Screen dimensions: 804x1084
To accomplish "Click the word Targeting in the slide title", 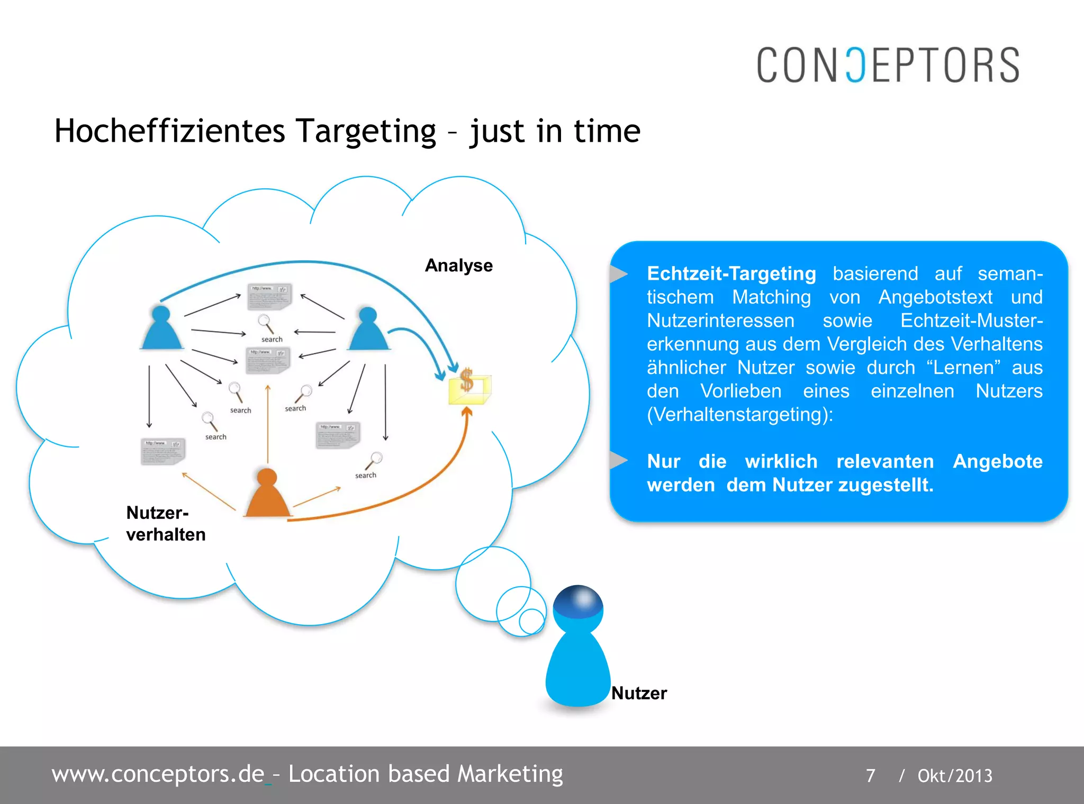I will click(x=366, y=131).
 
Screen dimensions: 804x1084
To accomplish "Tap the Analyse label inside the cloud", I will click(x=458, y=265).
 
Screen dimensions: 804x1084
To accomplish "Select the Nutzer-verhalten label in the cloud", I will click(x=165, y=524).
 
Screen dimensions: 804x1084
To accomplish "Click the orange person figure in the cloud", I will click(x=267, y=495).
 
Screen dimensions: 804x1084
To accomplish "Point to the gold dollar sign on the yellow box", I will click(x=466, y=379).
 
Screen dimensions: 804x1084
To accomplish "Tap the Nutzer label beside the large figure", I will click(x=639, y=693).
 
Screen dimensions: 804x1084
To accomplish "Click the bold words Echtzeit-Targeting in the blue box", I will click(x=731, y=273).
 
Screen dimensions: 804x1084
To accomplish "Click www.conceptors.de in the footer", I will click(x=158, y=774).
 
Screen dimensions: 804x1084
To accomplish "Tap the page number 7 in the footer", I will click(x=870, y=775).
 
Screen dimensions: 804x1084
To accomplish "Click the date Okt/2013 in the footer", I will click(x=954, y=775).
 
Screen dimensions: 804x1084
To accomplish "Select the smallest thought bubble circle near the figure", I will click(x=531, y=621).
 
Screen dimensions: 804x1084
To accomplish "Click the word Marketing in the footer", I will click(x=510, y=774).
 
